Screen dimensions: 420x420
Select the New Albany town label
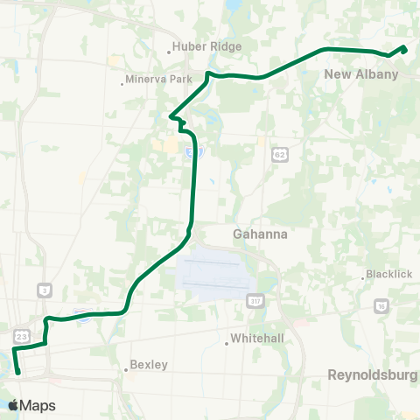click(x=360, y=74)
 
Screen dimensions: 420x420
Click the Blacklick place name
click(x=388, y=274)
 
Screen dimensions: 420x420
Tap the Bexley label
click(x=148, y=365)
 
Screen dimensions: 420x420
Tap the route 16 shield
click(x=381, y=305)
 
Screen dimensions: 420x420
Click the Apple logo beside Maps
click(x=14, y=405)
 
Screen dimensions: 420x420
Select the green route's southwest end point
click(x=18, y=373)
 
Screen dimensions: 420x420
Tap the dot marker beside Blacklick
click(x=363, y=278)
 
